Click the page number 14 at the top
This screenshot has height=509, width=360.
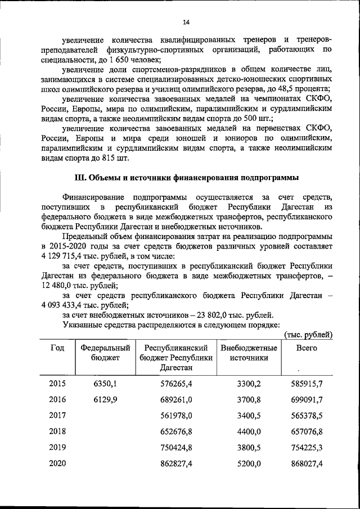pyautogui.click(x=186, y=22)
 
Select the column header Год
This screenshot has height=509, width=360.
pyautogui.click(x=57, y=348)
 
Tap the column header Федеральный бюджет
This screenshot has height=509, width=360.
pyautogui.click(x=102, y=353)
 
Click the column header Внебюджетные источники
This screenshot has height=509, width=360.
pyautogui.click(x=249, y=353)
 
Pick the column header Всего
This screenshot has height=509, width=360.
pyautogui.click(x=307, y=348)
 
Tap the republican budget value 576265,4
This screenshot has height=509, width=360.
pyautogui.click(x=177, y=384)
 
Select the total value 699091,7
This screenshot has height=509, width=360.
pyautogui.click(x=308, y=400)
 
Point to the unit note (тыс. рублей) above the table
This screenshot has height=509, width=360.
pyautogui.click(x=308, y=335)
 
